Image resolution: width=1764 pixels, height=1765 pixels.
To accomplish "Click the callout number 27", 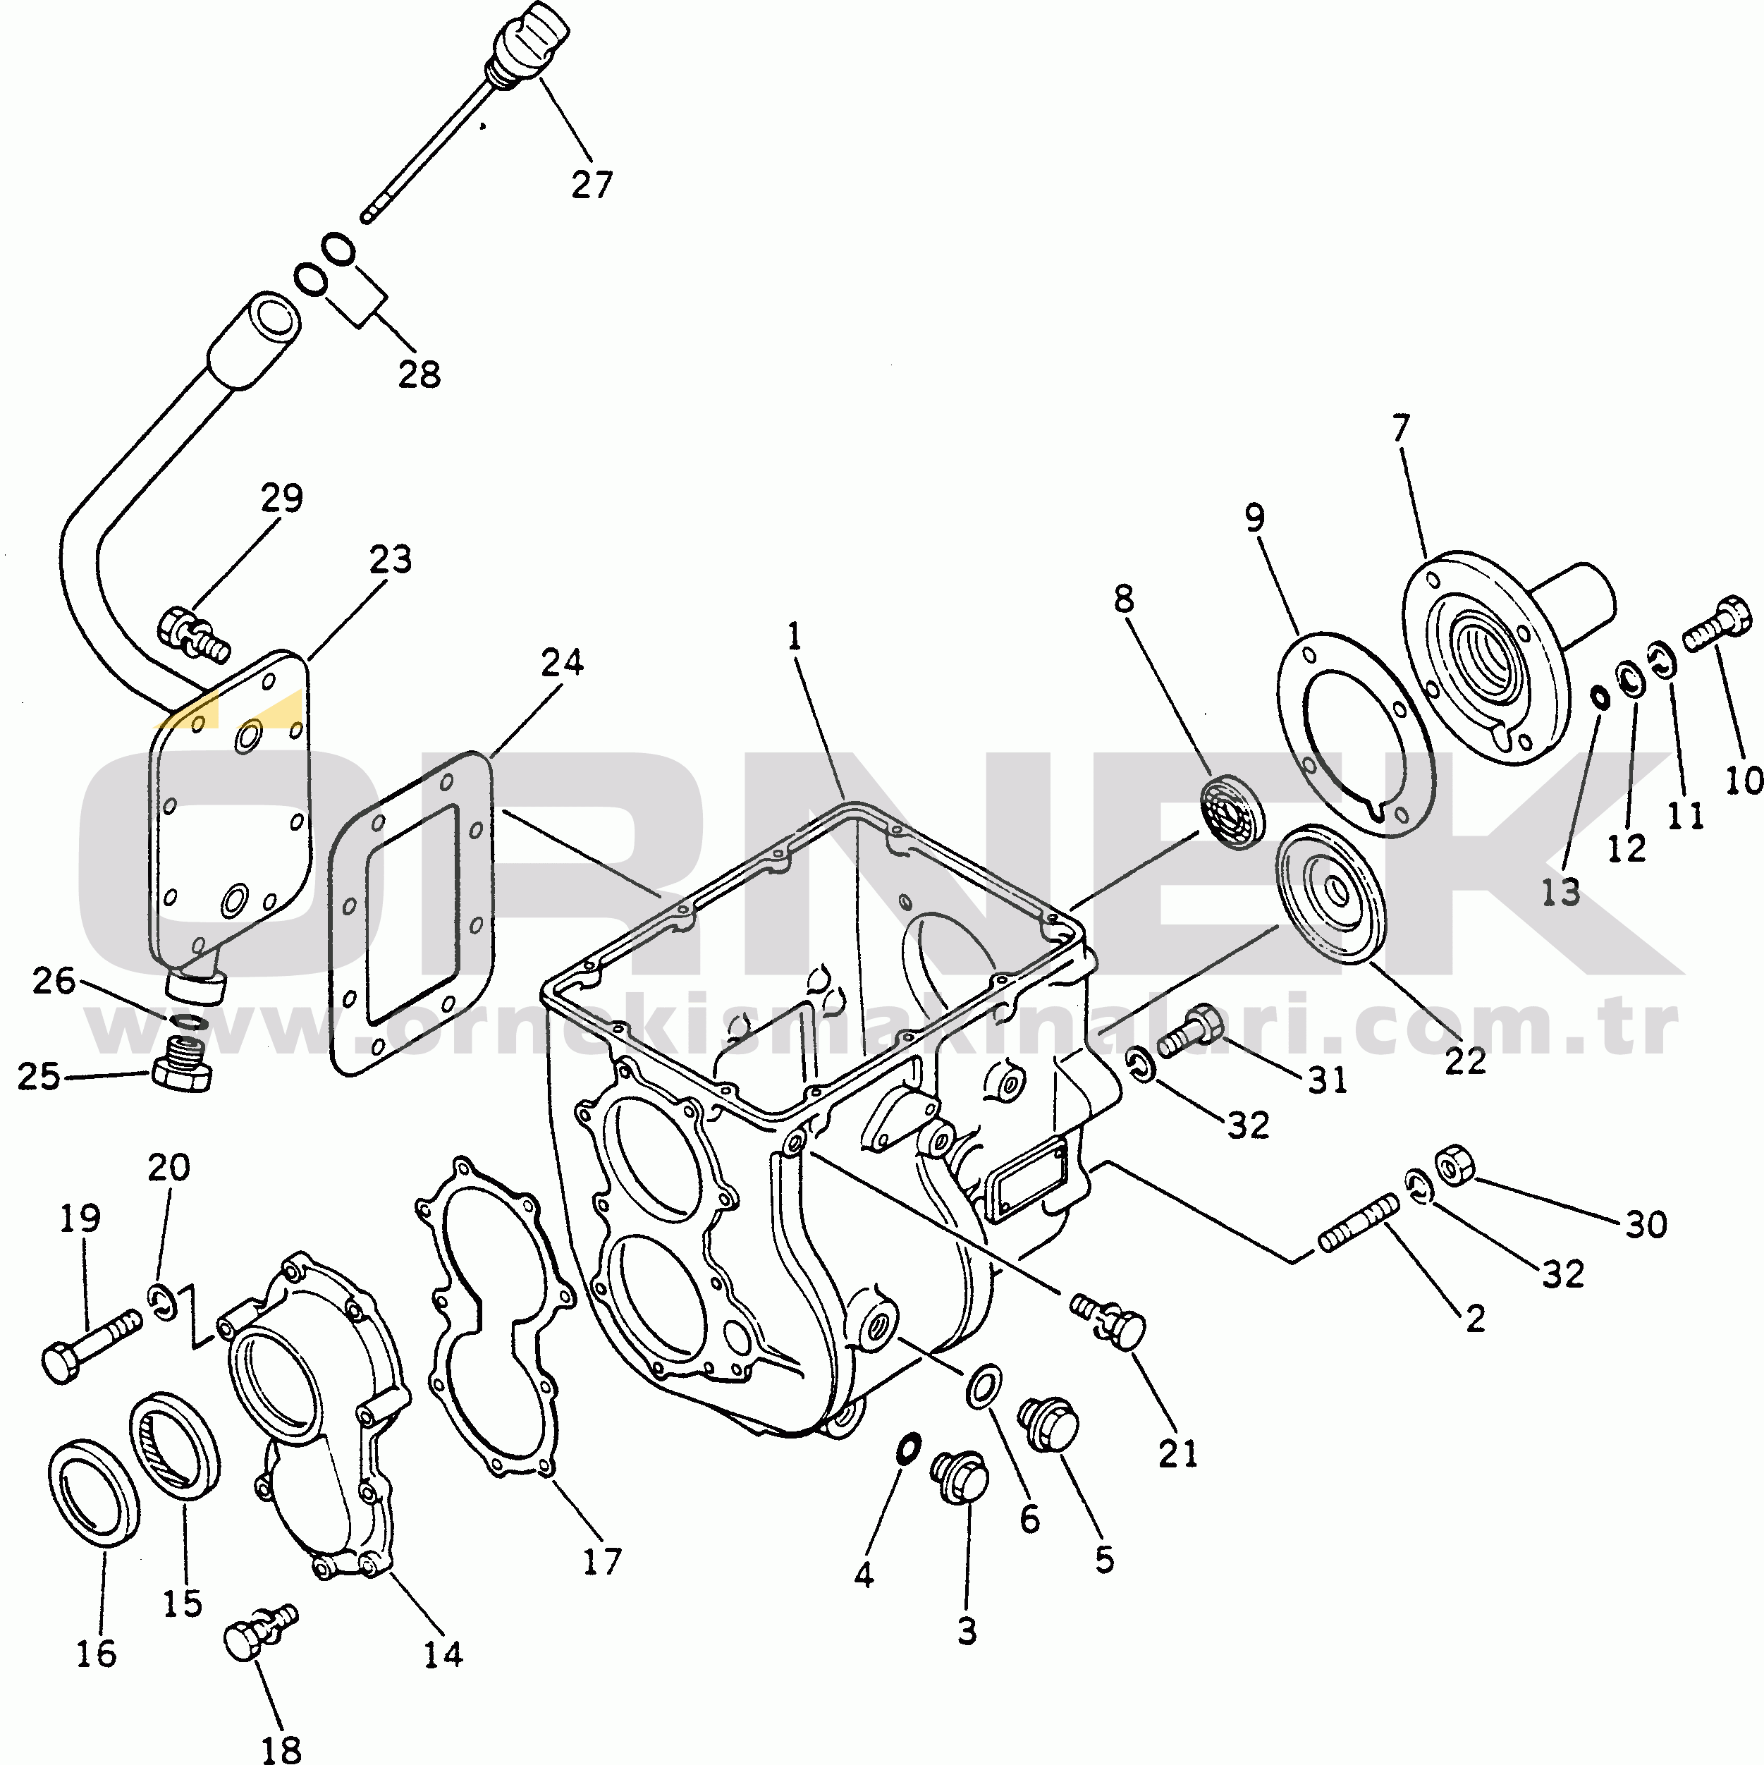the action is click(592, 185).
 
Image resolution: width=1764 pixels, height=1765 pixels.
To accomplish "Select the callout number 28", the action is click(419, 374).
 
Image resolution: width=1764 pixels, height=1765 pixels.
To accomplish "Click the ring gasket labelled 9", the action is click(1356, 732).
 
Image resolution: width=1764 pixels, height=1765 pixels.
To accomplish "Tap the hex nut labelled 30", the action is click(1452, 1163).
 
